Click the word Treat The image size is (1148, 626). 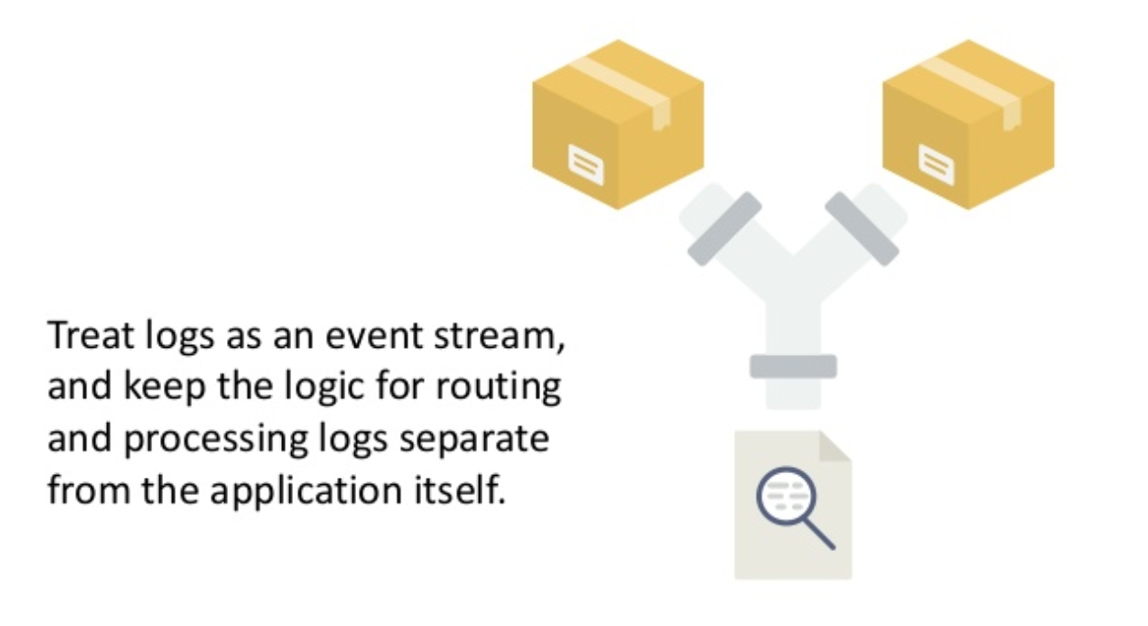point(84,336)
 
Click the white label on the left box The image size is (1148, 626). point(586,164)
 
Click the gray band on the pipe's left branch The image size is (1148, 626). point(724,229)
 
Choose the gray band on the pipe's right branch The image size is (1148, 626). point(861,229)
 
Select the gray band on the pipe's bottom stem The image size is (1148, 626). point(793,366)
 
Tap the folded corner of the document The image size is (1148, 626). point(834,447)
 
